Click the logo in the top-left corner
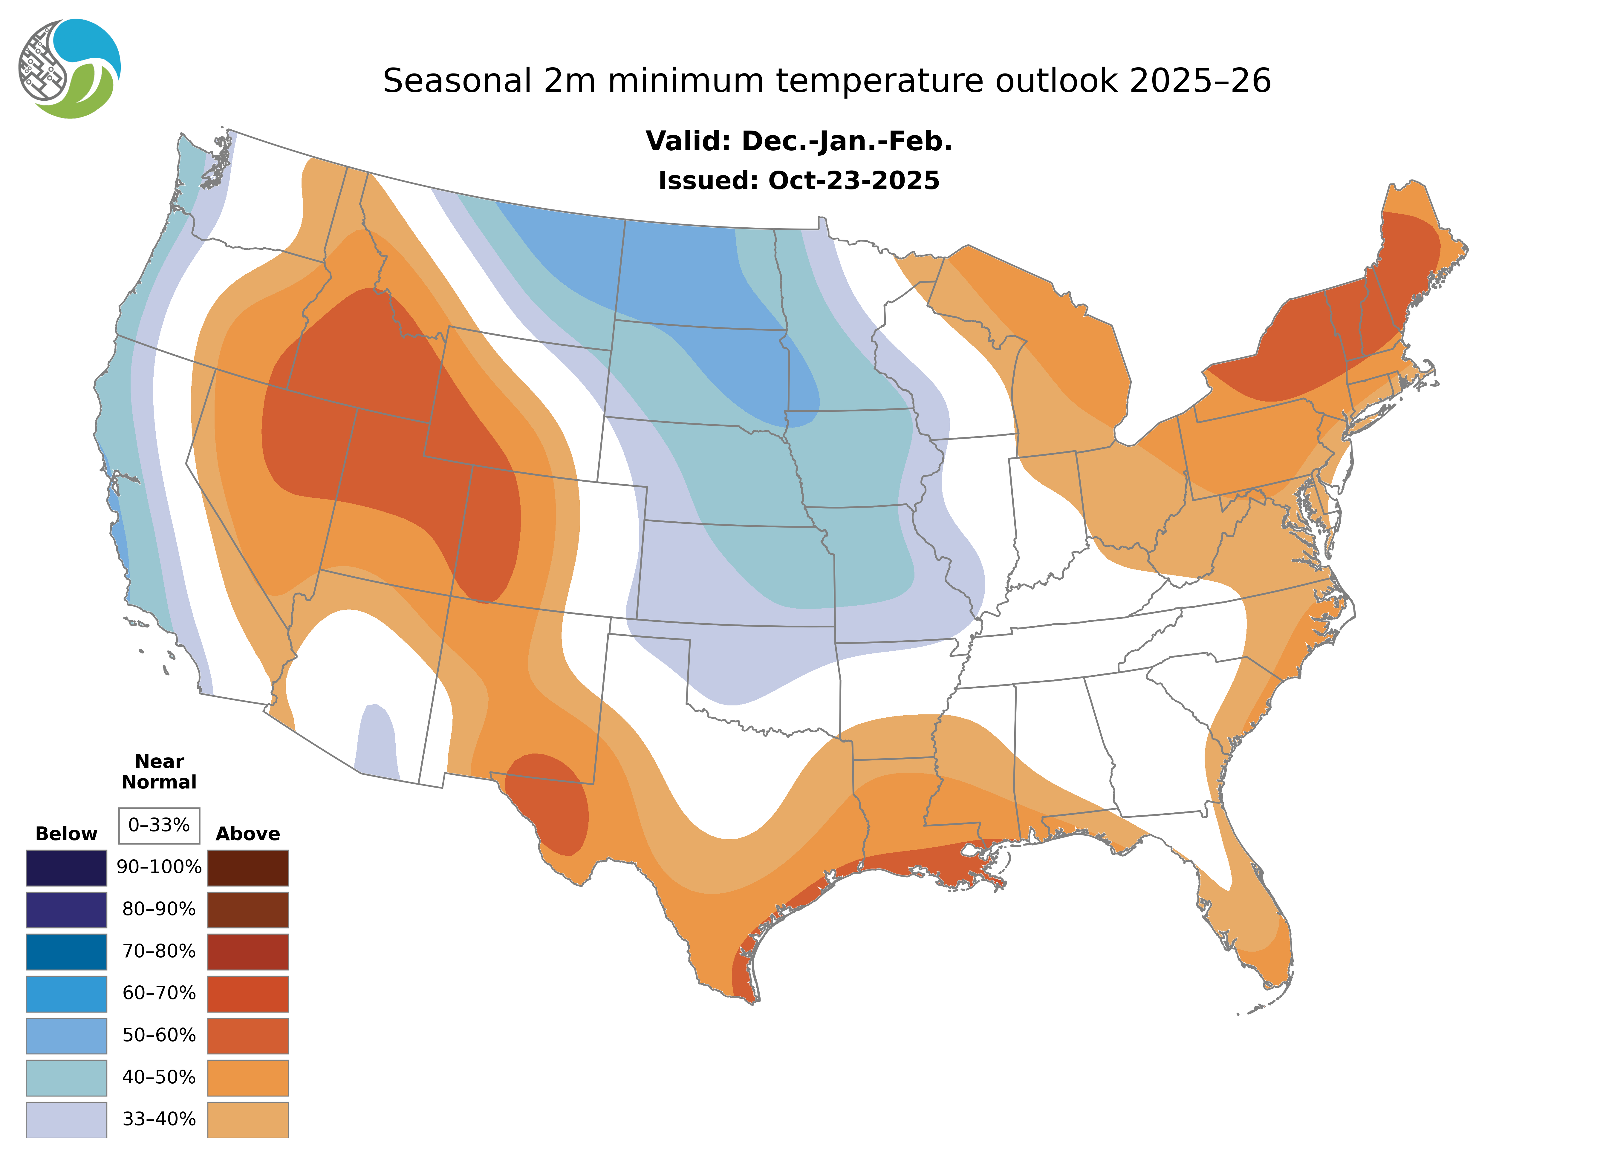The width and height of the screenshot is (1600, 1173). tap(70, 69)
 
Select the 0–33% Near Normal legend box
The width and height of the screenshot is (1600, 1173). tap(159, 825)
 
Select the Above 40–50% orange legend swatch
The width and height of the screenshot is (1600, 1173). tap(248, 1077)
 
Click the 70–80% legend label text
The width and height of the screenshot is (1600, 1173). tap(159, 951)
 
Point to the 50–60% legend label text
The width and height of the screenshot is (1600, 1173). tap(159, 1035)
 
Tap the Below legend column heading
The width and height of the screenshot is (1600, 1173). tap(66, 834)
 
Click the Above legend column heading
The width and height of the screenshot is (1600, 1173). tap(248, 834)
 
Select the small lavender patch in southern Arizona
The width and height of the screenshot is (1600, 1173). tap(376, 742)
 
